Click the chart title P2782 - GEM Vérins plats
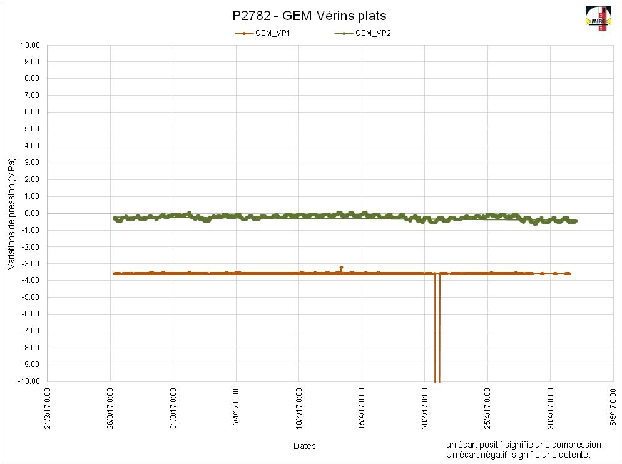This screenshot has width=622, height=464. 309,16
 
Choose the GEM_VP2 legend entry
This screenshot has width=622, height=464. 372,33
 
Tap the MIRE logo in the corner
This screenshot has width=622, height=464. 598,19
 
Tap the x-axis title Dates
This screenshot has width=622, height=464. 305,446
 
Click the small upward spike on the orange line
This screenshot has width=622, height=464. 341,268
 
